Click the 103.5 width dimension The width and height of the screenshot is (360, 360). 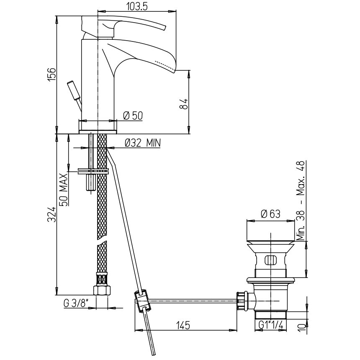pos(137,6)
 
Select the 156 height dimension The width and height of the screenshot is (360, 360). pos(52,74)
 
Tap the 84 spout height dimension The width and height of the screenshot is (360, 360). pos(184,104)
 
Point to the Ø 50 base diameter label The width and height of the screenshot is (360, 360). pos(133,116)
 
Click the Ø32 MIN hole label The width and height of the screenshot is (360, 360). pos(143,143)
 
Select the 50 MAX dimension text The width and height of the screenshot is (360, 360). pos(64,190)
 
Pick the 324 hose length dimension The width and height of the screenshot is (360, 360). pos(52,214)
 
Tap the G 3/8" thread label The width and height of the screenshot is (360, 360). pos(76,303)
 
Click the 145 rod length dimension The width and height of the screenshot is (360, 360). pos(183,325)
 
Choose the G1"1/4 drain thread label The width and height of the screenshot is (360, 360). pos(271,325)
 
